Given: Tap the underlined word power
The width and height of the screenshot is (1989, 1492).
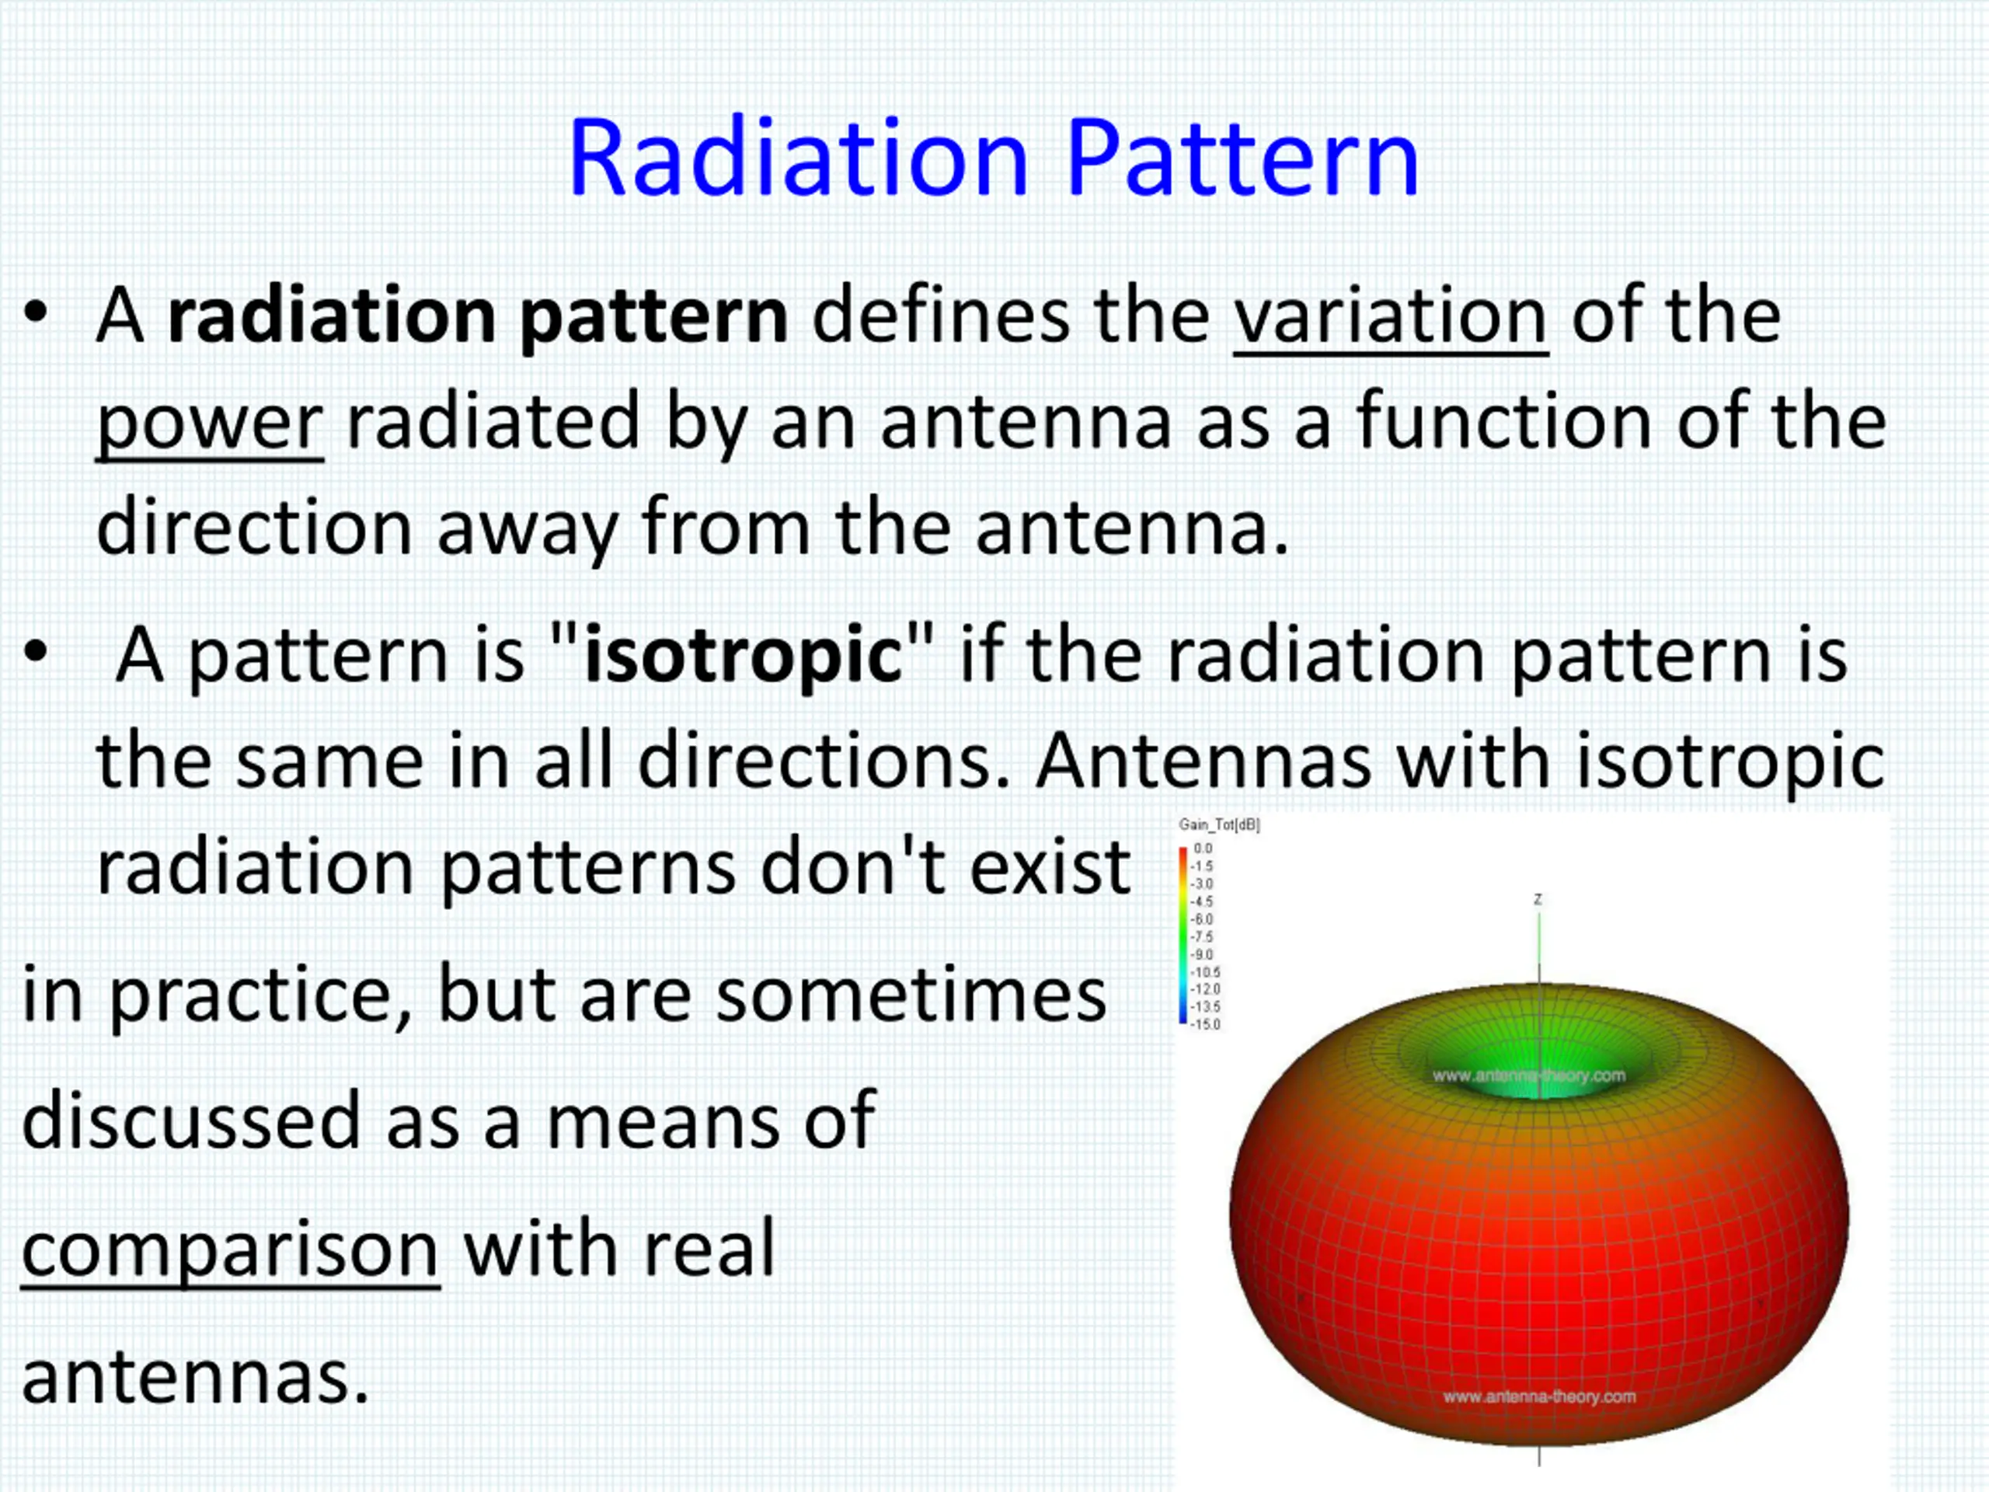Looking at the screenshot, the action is [210, 424].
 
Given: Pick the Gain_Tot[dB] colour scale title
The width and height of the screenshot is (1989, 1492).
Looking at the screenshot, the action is [1218, 824].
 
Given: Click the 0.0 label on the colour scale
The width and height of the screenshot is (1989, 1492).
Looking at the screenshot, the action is [1202, 847].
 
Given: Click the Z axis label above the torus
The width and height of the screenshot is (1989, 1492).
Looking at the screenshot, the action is [1538, 898].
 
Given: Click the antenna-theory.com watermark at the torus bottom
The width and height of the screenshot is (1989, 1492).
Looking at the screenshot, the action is [1538, 1396].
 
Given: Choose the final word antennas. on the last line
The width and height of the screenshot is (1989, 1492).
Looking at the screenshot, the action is [195, 1377].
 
